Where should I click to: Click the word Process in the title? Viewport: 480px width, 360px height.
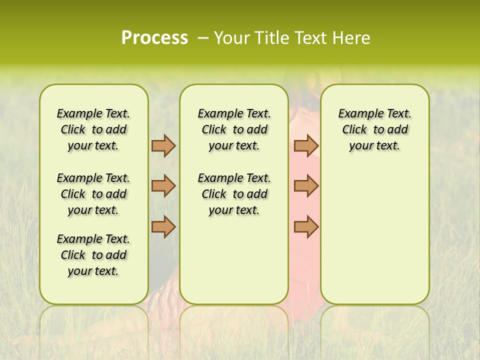click(x=154, y=38)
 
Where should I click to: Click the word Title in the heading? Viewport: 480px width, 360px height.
click(x=269, y=38)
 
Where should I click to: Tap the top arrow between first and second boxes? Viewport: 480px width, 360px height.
click(x=163, y=145)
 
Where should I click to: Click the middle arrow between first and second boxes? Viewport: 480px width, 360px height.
click(x=163, y=186)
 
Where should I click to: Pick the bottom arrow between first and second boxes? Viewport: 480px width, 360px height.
click(x=163, y=226)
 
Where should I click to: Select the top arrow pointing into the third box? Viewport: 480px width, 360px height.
click(x=306, y=145)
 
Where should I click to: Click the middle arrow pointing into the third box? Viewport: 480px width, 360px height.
click(x=306, y=186)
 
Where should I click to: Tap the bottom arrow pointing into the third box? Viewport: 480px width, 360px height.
click(x=306, y=226)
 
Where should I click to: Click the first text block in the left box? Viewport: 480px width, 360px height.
click(x=93, y=129)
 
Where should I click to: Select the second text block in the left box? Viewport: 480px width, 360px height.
click(x=93, y=194)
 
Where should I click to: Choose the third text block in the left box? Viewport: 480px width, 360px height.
click(x=93, y=255)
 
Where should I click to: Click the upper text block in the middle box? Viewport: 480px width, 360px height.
click(x=234, y=129)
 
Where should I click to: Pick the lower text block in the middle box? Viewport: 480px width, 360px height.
click(x=234, y=194)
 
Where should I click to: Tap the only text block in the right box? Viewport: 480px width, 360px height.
click(x=374, y=129)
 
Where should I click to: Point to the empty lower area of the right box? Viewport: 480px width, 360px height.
click(x=374, y=235)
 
